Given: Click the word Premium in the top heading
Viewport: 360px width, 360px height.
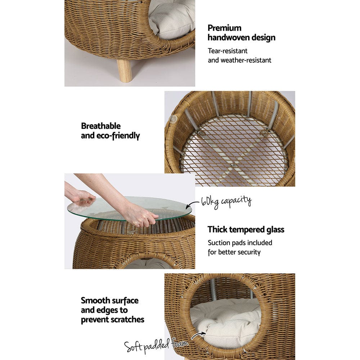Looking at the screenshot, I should [x=225, y=28].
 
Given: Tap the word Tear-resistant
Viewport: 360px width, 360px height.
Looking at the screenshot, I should [x=228, y=51].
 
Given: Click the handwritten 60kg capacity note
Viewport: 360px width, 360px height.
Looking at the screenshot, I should [x=226, y=201].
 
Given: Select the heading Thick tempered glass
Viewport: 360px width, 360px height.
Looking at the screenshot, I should [x=246, y=229].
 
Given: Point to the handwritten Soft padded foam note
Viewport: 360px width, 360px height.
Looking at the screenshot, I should [x=157, y=346].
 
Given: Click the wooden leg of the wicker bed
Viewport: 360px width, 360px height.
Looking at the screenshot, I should [x=125, y=71].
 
